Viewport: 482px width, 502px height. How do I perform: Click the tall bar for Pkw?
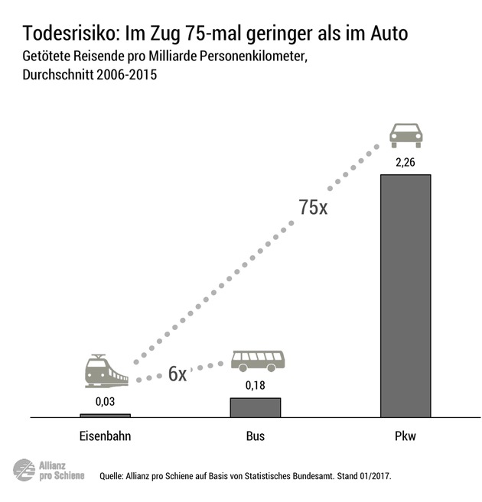405,296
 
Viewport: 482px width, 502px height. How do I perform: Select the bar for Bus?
256,407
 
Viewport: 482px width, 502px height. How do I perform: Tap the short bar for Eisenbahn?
105,416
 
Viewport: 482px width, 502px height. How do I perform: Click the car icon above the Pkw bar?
405,134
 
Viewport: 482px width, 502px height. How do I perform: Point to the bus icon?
258,360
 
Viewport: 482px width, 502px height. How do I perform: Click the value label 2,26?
405,162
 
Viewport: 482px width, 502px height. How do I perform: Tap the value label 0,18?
256,385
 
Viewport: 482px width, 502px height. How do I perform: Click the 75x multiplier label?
313,207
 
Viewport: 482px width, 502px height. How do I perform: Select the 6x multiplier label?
177,374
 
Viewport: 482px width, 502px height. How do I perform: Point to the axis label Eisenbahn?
105,438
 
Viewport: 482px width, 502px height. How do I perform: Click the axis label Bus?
256,438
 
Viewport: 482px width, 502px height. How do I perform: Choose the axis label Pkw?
405,438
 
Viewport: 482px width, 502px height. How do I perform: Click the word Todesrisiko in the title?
68,34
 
